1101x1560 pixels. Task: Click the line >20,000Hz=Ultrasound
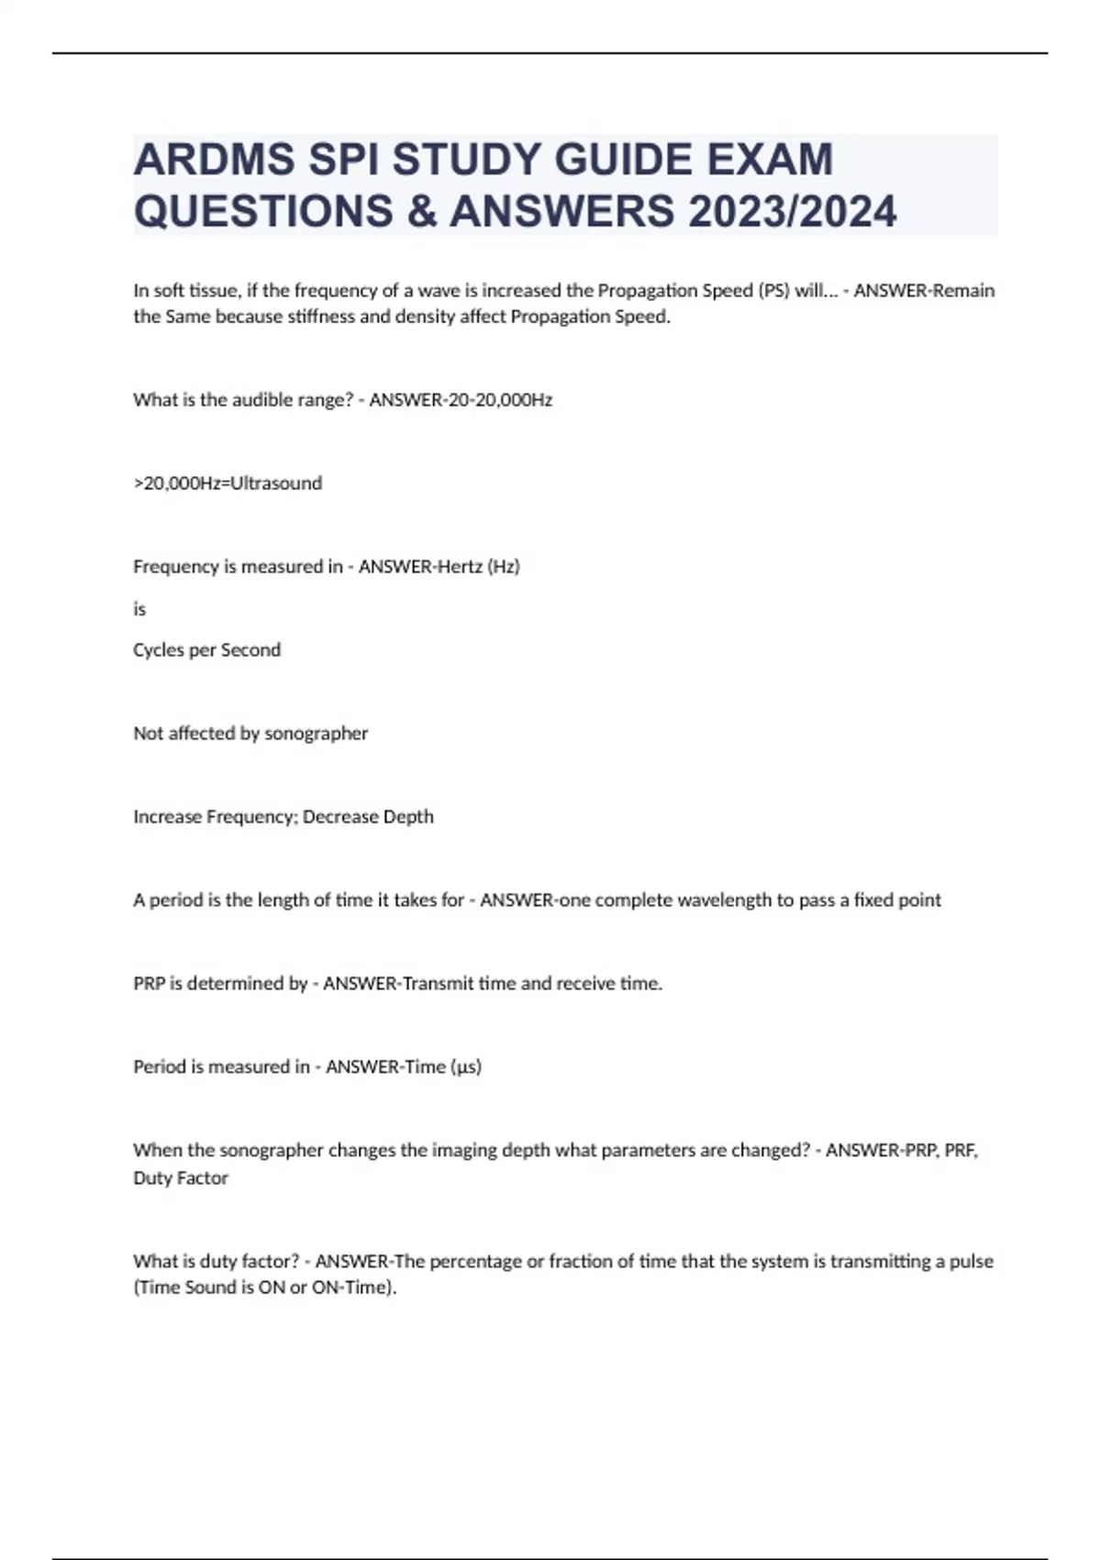pyautogui.click(x=228, y=484)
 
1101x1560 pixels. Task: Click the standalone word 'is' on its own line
pyautogui.click(x=139, y=609)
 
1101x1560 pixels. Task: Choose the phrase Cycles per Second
pyautogui.click(x=206, y=651)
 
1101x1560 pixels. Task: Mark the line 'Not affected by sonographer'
pyautogui.click(x=250, y=733)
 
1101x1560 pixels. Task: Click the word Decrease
pyautogui.click(x=338, y=817)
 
